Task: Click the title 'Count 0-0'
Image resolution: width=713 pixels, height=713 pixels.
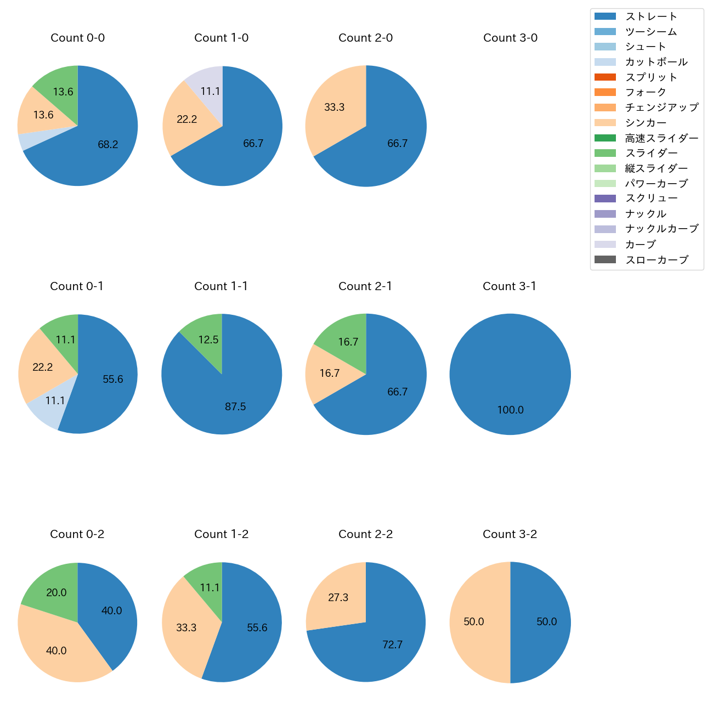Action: [78, 38]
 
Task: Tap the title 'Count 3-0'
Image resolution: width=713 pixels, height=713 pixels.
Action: [510, 38]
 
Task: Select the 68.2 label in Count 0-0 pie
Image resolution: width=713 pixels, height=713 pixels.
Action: [108, 145]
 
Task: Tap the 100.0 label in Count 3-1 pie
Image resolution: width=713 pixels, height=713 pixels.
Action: [510, 410]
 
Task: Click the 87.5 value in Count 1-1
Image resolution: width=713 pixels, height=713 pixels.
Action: [235, 407]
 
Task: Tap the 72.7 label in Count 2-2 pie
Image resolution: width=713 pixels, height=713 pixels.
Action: [393, 645]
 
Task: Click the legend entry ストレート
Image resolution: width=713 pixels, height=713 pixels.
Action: [651, 16]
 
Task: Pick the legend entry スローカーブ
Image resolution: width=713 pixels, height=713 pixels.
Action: [657, 260]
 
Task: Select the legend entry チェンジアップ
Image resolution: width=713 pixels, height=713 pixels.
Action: [661, 107]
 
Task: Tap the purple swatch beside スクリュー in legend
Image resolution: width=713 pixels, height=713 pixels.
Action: [605, 199]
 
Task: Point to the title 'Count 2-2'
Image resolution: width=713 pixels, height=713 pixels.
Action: [366, 534]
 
